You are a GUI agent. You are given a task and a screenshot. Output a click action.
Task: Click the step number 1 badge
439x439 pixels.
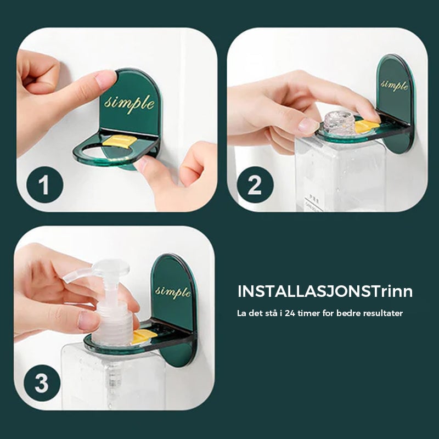[44, 185]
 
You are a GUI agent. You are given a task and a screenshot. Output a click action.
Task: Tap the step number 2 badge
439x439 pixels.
[255, 185]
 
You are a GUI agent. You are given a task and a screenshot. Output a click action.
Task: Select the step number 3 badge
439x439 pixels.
[42, 382]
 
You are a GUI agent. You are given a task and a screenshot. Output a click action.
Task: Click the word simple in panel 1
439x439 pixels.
[130, 103]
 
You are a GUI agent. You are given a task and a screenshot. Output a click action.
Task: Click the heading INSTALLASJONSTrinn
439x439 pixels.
[325, 291]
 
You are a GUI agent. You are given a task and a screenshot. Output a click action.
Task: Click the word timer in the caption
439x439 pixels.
[311, 313]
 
